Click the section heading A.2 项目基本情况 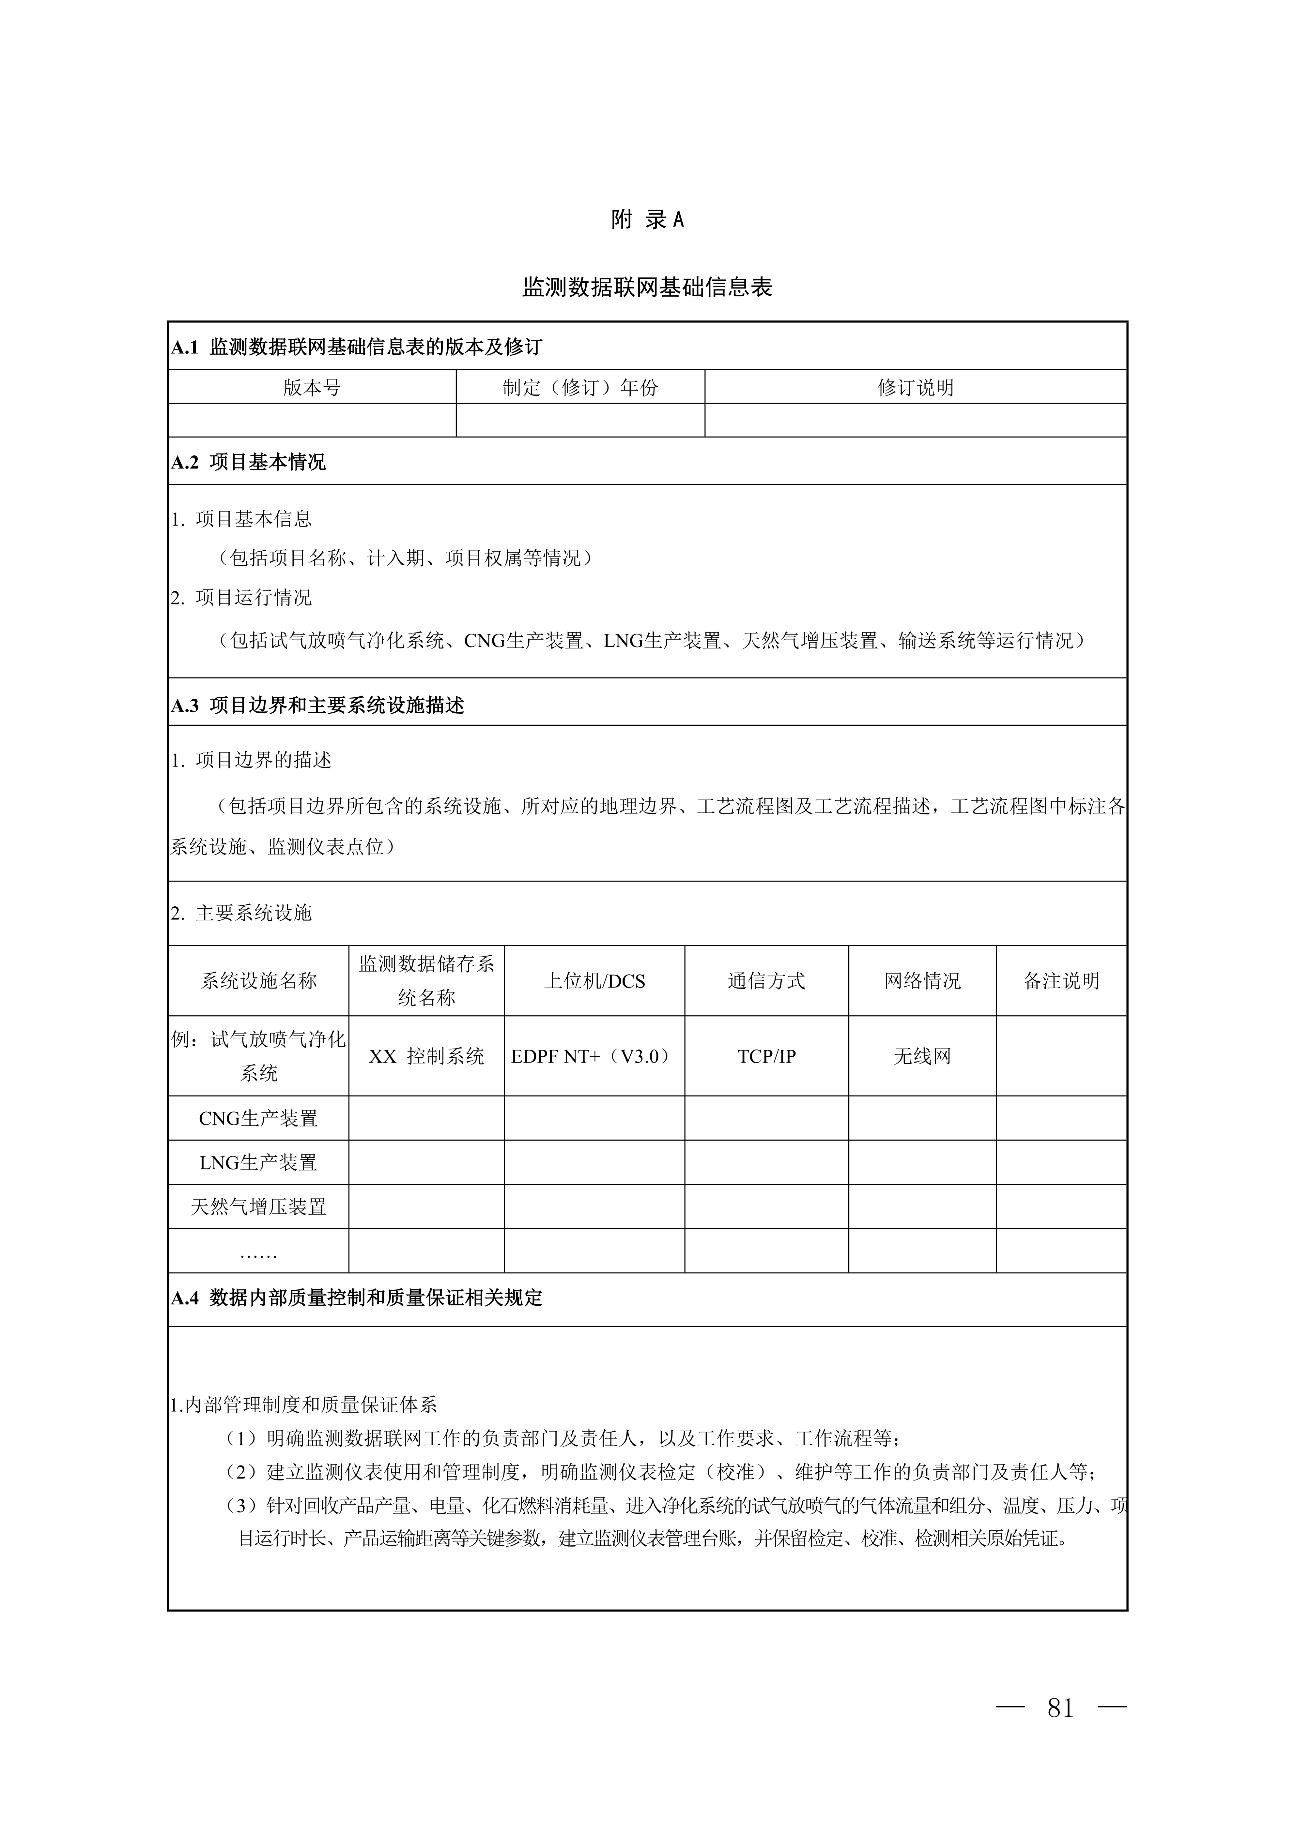click(x=249, y=462)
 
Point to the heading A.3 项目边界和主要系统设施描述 click(x=317, y=706)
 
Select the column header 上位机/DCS click(x=594, y=981)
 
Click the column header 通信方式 click(x=766, y=981)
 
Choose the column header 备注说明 click(x=1061, y=981)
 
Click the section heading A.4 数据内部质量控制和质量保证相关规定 click(x=356, y=1298)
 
